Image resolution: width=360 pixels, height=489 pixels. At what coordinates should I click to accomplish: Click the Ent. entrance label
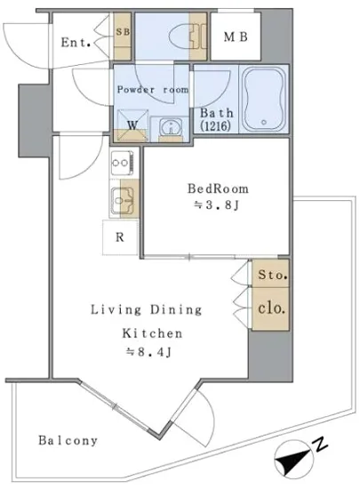pos(76,43)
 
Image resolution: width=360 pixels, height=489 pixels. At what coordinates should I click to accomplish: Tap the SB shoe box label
pos(124,32)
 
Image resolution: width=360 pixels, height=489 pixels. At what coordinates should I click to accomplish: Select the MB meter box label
pos(236,37)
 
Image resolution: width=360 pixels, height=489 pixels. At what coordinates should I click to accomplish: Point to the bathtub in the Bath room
pos(264,99)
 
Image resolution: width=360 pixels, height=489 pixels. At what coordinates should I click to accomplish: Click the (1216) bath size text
pos(216,125)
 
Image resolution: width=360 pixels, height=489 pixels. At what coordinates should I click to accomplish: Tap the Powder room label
pos(153,90)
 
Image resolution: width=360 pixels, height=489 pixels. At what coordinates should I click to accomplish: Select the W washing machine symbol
pos(132,125)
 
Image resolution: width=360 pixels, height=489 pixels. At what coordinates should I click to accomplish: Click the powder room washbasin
pos(171,127)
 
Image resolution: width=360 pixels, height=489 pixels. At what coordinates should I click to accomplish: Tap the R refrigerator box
pos(120,237)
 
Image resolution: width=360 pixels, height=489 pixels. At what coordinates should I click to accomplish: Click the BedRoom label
pos(218,188)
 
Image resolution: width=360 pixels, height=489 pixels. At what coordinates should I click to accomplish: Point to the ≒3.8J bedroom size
pos(216,205)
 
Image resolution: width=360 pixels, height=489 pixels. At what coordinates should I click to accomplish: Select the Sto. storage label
pos(272,275)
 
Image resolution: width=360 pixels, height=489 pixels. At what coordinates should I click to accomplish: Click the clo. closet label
pos(271,308)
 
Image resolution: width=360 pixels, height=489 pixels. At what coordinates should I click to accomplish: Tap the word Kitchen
pos(152,333)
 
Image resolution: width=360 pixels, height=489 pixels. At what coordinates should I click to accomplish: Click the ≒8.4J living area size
pos(148,352)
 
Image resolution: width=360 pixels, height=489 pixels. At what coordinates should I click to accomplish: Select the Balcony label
pos(68,440)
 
